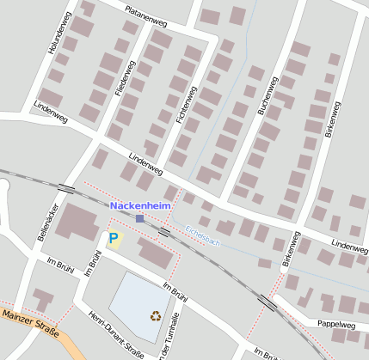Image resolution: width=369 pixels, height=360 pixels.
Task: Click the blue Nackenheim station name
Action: point(140,206)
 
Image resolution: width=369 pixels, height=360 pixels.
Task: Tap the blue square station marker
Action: point(140,218)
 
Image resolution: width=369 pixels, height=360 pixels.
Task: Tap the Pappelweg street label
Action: point(336,325)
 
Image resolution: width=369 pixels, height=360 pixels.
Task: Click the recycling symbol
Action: point(155,315)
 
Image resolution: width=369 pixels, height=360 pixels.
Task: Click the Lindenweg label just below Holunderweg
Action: point(49,111)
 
